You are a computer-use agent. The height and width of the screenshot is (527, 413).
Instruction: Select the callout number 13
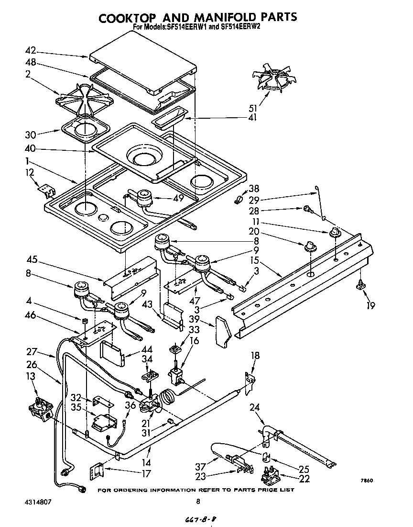coord(31,377)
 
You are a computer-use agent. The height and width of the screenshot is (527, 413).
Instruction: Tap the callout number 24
coord(255,408)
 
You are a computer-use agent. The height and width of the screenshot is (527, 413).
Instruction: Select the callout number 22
coord(304,479)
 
